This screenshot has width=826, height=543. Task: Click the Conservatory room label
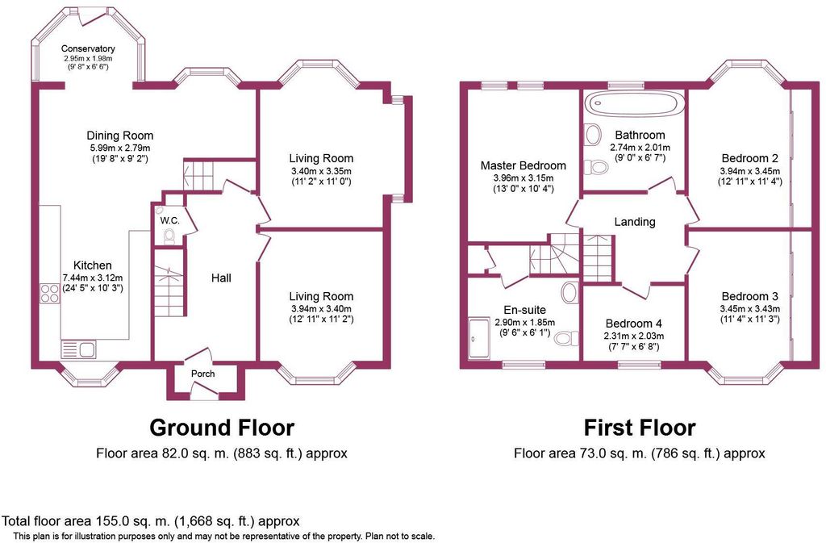tap(88, 49)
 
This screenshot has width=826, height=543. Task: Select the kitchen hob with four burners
tap(50, 294)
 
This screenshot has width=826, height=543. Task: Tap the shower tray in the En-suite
tap(479, 337)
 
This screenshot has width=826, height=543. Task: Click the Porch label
tap(202, 374)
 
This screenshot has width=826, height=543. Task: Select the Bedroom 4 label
tap(634, 324)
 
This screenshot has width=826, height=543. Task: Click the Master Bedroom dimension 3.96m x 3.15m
tap(524, 178)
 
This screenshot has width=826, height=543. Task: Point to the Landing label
tap(635, 222)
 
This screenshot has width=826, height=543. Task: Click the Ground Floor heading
tap(222, 427)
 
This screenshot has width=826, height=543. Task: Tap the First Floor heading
tap(640, 427)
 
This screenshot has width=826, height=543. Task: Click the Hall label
tap(221, 278)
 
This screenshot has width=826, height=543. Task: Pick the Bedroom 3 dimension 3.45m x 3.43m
tap(750, 309)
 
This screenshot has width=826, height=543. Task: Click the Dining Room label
tap(120, 136)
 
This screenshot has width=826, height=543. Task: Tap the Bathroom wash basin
tap(593, 134)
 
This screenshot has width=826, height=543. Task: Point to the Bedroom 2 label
tap(749, 158)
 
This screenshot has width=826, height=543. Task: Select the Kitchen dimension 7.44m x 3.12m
tap(93, 278)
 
